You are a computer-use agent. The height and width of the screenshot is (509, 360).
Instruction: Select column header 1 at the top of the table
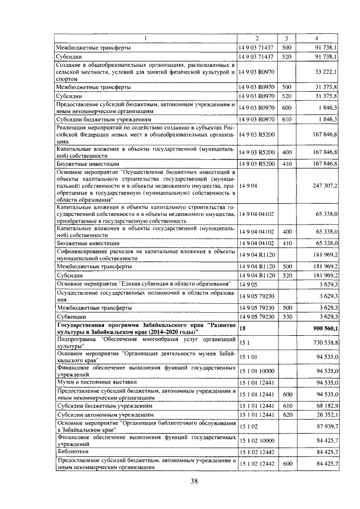pos(145,38)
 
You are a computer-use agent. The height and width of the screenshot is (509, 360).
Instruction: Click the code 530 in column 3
pos(286,317)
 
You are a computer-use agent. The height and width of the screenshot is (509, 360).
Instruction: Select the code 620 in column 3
pos(286,415)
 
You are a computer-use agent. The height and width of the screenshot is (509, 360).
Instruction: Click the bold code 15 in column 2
pos(242,327)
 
